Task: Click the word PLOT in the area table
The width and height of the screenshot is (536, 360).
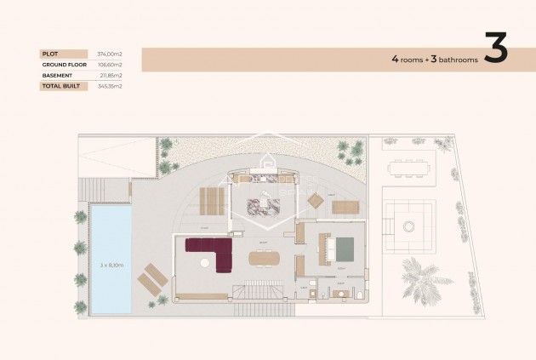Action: tap(49, 54)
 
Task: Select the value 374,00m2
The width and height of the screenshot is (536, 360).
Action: tap(110, 54)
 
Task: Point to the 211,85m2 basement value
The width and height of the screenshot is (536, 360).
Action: tap(111, 75)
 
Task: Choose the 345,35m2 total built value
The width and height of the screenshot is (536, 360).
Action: tap(110, 86)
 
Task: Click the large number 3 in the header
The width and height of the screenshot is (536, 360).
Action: tap(496, 49)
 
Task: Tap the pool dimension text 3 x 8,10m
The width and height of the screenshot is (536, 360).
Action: tap(111, 266)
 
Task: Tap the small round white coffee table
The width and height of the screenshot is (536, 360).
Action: tap(204, 265)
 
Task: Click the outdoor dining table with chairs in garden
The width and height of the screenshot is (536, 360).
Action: tap(411, 169)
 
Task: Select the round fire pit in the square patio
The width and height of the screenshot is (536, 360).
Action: tap(409, 226)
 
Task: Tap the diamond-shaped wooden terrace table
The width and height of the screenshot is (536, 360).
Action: tap(315, 201)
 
